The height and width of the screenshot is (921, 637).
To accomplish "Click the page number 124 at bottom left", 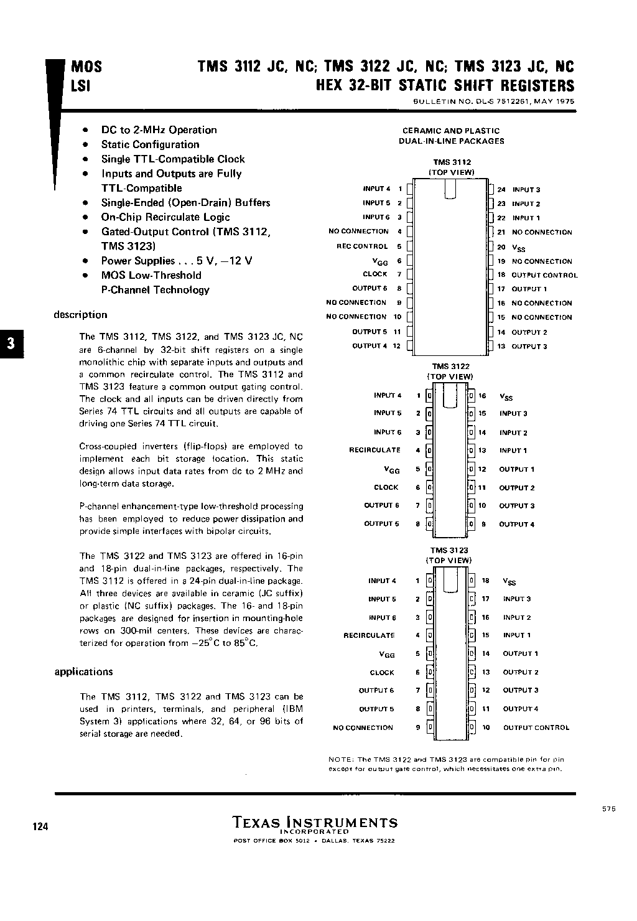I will (39, 826).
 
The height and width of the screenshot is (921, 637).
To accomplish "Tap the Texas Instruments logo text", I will (315, 823).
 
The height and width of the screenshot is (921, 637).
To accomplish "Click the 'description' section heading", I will (80, 315).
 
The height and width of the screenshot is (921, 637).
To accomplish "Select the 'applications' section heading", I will (84, 671).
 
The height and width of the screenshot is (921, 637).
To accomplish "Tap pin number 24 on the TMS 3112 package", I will (501, 190).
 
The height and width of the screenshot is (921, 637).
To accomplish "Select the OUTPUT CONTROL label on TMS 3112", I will (544, 275).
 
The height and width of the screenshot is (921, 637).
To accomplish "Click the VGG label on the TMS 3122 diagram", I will (392, 470).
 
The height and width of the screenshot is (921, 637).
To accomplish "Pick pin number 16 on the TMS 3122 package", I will (482, 395).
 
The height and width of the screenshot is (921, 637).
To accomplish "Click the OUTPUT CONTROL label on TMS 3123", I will (536, 727).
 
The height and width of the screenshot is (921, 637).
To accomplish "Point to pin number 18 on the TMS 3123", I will (486, 581).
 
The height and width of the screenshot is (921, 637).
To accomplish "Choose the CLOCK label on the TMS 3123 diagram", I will (382, 673).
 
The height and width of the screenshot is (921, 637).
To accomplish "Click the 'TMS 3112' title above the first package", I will (452, 162).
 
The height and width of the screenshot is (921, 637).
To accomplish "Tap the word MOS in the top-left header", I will (86, 67).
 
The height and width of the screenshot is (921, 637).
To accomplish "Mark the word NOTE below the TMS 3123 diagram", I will (340, 759).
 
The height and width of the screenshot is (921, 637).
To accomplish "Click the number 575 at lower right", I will (609, 809).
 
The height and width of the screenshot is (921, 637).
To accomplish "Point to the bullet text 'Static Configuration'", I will (151, 144).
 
